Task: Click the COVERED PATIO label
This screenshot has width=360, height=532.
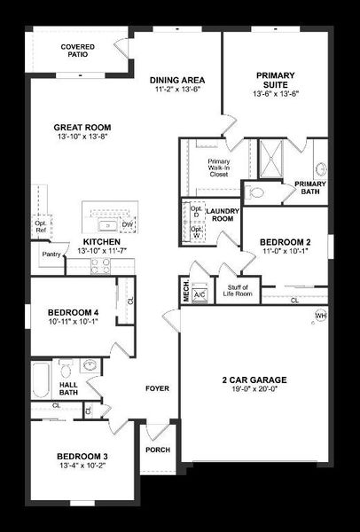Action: [77, 51]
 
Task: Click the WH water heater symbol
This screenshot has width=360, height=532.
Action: [320, 315]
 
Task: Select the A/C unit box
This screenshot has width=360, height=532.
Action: [200, 294]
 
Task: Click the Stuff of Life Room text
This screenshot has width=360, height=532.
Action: [239, 290]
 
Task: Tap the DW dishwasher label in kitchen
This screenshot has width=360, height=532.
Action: [127, 225]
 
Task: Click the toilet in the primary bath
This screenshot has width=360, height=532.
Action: [258, 191]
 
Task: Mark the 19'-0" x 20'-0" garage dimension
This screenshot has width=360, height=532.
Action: [254, 387]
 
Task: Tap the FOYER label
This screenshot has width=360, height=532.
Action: [157, 387]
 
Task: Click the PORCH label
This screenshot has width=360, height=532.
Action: [157, 450]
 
